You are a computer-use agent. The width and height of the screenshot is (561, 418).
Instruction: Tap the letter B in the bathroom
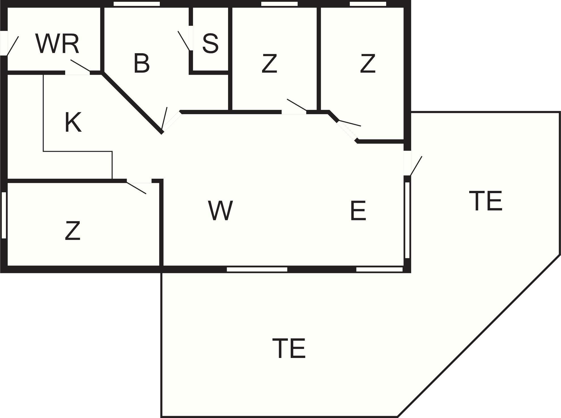click(x=141, y=63)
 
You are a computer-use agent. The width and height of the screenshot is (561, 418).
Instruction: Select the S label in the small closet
click(x=211, y=43)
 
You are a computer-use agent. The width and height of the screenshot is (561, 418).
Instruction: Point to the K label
click(x=73, y=122)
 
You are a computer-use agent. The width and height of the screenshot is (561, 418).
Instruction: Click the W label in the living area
click(x=220, y=210)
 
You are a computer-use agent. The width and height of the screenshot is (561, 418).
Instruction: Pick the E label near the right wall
click(x=358, y=210)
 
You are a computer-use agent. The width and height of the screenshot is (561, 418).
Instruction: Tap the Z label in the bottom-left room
click(x=73, y=231)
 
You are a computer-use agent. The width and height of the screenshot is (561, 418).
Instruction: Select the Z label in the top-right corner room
click(x=367, y=63)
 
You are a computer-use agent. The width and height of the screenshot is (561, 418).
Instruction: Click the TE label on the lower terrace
click(x=289, y=348)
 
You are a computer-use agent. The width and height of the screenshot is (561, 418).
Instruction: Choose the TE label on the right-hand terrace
click(x=486, y=201)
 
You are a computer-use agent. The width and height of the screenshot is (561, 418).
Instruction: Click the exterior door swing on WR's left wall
click(x=12, y=46)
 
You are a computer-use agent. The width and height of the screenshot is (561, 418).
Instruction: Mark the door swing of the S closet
click(x=184, y=41)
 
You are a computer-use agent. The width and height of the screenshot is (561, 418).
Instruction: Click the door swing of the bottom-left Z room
click(x=136, y=188)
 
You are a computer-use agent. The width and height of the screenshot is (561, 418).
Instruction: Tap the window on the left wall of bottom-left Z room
click(x=4, y=215)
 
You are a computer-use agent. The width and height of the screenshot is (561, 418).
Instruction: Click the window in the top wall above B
click(x=137, y=4)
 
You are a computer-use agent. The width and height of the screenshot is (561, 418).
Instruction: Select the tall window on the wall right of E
click(x=407, y=220)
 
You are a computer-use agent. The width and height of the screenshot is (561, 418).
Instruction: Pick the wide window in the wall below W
click(x=257, y=269)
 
